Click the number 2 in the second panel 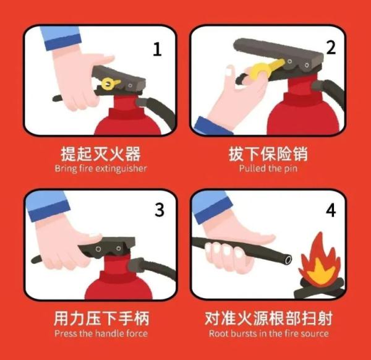pos(331,48)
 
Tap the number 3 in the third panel pos(160,210)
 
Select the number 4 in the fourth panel pos(331,210)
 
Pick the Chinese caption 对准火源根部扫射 pos(268,319)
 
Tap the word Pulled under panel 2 pos(254,168)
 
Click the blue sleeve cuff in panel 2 pos(212,125)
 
